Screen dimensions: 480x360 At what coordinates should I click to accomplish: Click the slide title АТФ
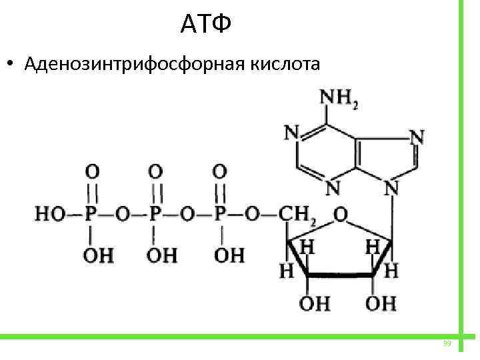pos(205,25)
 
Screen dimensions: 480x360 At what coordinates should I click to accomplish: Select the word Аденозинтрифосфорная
pos(134,65)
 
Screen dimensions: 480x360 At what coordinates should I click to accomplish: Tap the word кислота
pos(286,65)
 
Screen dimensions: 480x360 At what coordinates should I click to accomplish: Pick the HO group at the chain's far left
pos(49,215)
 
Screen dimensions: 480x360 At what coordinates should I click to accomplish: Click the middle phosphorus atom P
pos(155,215)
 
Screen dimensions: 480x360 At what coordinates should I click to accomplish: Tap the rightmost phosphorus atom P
pos(220,215)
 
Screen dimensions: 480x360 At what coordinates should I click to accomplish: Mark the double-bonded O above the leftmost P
pos(92,171)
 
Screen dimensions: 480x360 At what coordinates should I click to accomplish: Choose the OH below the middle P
pos(161,255)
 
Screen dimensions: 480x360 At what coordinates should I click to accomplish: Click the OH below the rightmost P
pos(229,255)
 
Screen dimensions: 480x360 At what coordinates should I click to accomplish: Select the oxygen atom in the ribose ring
pos(340,215)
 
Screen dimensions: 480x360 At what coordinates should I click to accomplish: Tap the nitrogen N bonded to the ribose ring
pos(392,189)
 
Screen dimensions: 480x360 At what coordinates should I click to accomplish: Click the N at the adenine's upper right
pos(417,137)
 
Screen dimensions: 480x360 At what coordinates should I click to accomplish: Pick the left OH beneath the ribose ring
pos(314,304)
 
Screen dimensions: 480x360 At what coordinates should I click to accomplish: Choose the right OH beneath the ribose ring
pos(380,304)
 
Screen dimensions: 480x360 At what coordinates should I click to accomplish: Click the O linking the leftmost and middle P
pos(123,215)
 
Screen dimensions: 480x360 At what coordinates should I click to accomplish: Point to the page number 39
pos(447,343)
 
